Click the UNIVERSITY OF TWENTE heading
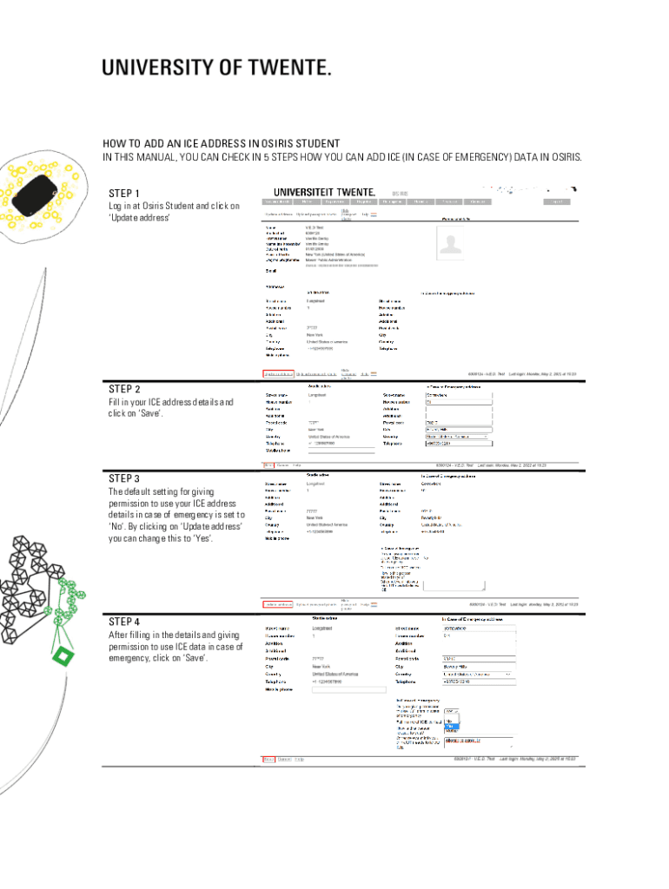pyautogui.click(x=216, y=68)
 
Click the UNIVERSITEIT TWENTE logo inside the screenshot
pyautogui.click(x=324, y=192)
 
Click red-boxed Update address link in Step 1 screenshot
pyautogui.click(x=278, y=374)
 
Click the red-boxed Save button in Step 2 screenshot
pyautogui.click(x=268, y=464)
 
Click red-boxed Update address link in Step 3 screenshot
pyautogui.click(x=278, y=604)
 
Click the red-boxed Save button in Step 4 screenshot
pyautogui.click(x=268, y=759)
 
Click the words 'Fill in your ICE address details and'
pyautogui.click(x=171, y=403)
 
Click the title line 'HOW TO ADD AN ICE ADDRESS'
pyautogui.click(x=222, y=143)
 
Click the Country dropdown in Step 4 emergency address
pyautogui.click(x=479, y=674)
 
